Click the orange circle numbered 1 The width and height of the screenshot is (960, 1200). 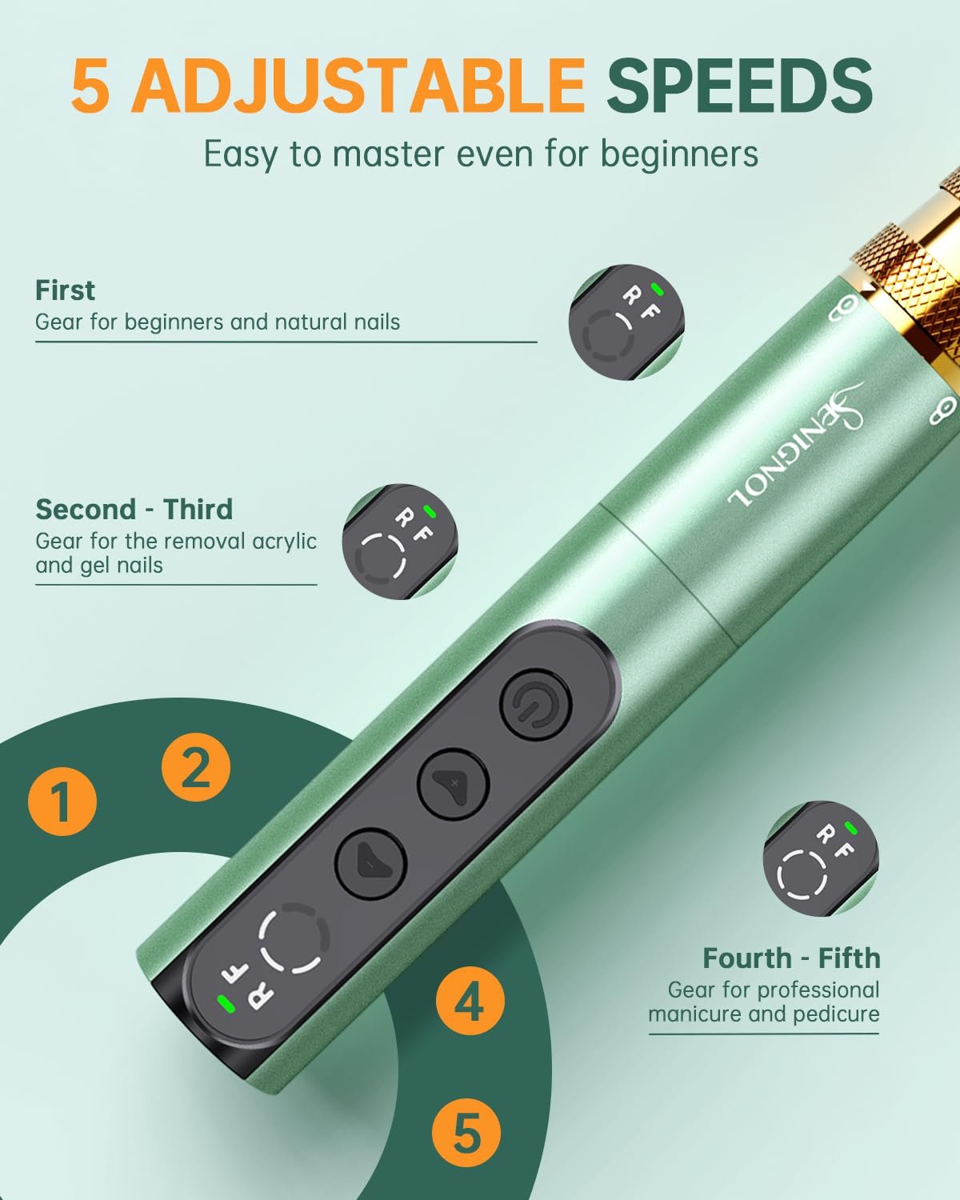point(62,802)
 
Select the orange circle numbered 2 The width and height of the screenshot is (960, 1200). point(196,767)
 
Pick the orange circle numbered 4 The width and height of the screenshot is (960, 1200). point(470,1001)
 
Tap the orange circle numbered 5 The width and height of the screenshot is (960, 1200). point(466,1133)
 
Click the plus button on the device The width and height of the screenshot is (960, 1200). point(454,783)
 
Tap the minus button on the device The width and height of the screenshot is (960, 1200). point(370,864)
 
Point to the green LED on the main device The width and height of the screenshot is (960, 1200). point(226,1004)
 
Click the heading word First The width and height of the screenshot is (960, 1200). point(65,290)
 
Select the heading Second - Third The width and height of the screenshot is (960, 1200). point(134,509)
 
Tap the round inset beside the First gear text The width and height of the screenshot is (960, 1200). point(626,322)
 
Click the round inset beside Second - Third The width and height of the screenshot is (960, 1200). point(400,542)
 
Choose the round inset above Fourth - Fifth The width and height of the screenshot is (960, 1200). point(821,858)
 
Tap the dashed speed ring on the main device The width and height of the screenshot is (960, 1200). point(294,938)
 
